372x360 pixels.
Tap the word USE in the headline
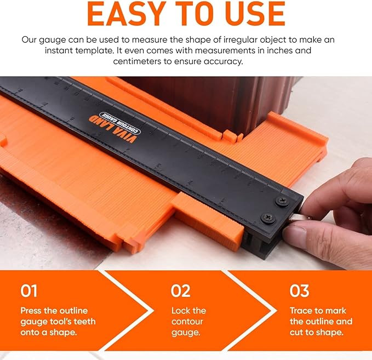coord(257,14)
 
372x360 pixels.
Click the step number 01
coord(28,291)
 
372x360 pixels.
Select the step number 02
coord(181,291)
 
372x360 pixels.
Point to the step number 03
coord(299,291)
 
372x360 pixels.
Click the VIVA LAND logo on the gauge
coord(113,129)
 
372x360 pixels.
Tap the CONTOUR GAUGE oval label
coord(120,123)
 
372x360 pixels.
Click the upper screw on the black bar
coord(282,202)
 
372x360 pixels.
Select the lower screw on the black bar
coord(268,218)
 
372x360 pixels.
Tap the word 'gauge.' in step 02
coord(186,333)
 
